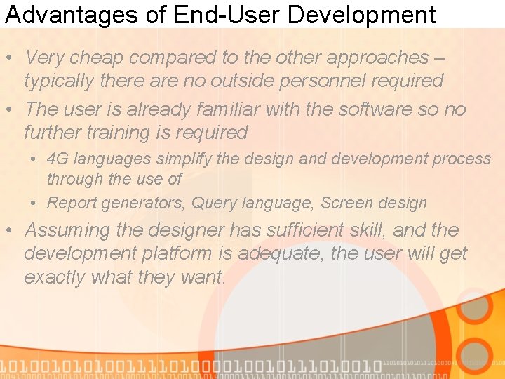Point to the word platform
click(173, 253)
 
